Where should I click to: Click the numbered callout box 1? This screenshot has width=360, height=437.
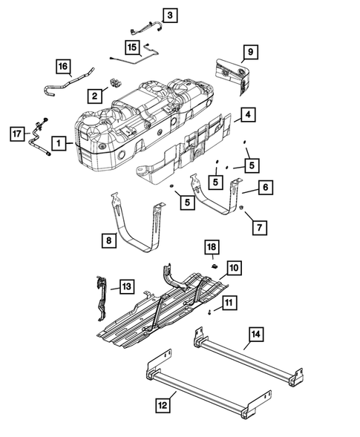58,141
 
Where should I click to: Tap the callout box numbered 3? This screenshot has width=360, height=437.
170,14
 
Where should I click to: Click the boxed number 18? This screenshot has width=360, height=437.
211,246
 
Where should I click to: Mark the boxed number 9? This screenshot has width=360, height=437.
250,51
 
